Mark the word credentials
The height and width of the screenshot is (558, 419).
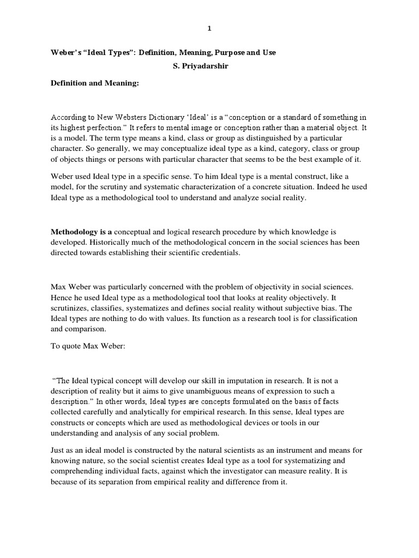pos(223,253)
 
